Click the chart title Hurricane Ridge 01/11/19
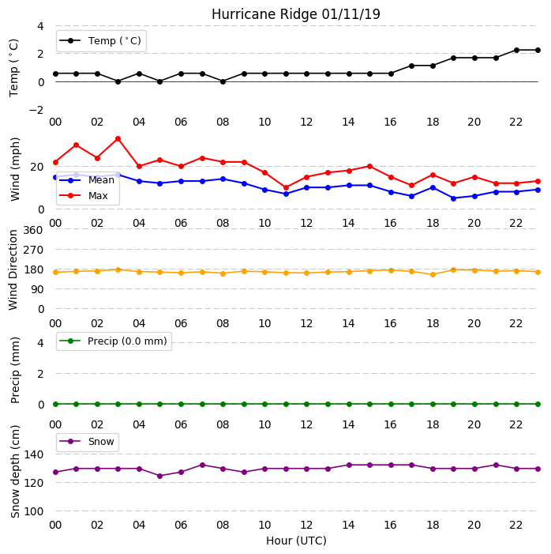(296, 14)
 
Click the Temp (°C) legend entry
(101, 41)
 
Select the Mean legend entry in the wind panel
(87, 180)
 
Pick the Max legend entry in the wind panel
(84, 196)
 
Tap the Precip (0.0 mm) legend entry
(114, 341)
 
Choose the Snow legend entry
(87, 442)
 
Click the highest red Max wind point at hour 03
(118, 139)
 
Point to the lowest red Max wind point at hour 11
(286, 187)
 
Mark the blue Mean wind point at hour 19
(454, 198)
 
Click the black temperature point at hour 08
(223, 81)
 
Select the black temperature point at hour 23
(538, 50)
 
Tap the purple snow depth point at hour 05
(160, 476)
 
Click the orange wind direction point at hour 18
(433, 274)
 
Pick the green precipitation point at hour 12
(307, 404)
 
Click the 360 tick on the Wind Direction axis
(33, 230)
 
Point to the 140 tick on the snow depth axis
(33, 454)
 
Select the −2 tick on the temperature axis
(36, 110)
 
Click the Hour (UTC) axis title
(296, 541)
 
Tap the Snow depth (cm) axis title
(15, 472)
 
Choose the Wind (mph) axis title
(15, 170)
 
